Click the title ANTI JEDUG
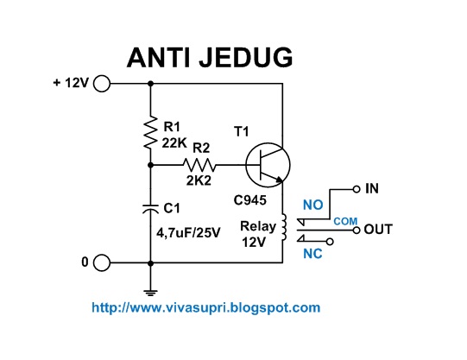pyautogui.click(x=210, y=57)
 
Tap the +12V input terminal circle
pyautogui.click(x=101, y=84)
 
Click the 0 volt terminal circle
pyautogui.click(x=101, y=263)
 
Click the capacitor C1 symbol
pyautogui.click(x=151, y=207)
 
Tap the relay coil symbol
pyautogui.click(x=282, y=226)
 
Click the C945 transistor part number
pyautogui.click(x=249, y=200)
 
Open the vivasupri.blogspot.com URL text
pyautogui.click(x=205, y=306)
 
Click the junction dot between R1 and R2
pyautogui.click(x=151, y=164)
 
